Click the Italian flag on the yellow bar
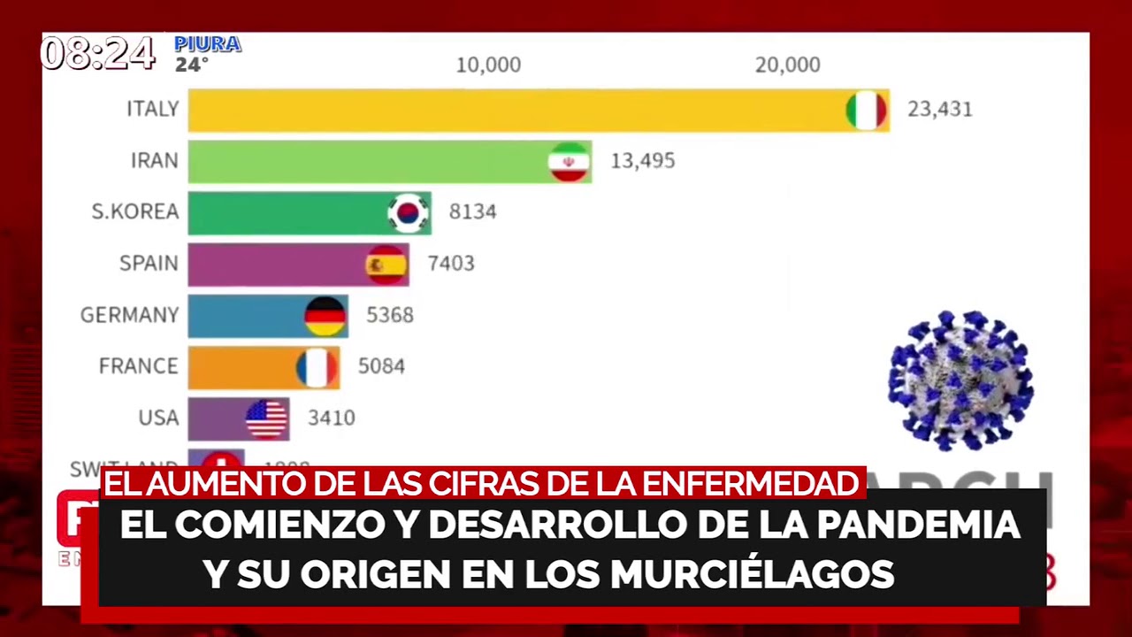[x=866, y=111]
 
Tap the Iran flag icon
[x=569, y=162]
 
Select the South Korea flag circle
[x=408, y=213]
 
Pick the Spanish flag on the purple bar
[x=386, y=265]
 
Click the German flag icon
[x=325, y=316]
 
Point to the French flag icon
[x=317, y=367]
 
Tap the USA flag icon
[x=267, y=418]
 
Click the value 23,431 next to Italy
[x=939, y=110]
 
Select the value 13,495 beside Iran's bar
[x=643, y=161]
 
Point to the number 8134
[x=472, y=212]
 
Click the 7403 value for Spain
[x=451, y=264]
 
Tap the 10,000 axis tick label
[x=488, y=65]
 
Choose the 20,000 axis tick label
[x=787, y=65]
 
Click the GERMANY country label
[x=129, y=315]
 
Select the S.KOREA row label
[x=135, y=212]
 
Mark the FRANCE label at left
[x=138, y=366]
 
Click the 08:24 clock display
[x=98, y=55]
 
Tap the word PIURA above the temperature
[x=208, y=44]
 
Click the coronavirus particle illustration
[x=960, y=380]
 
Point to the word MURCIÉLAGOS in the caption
[x=752, y=574]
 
